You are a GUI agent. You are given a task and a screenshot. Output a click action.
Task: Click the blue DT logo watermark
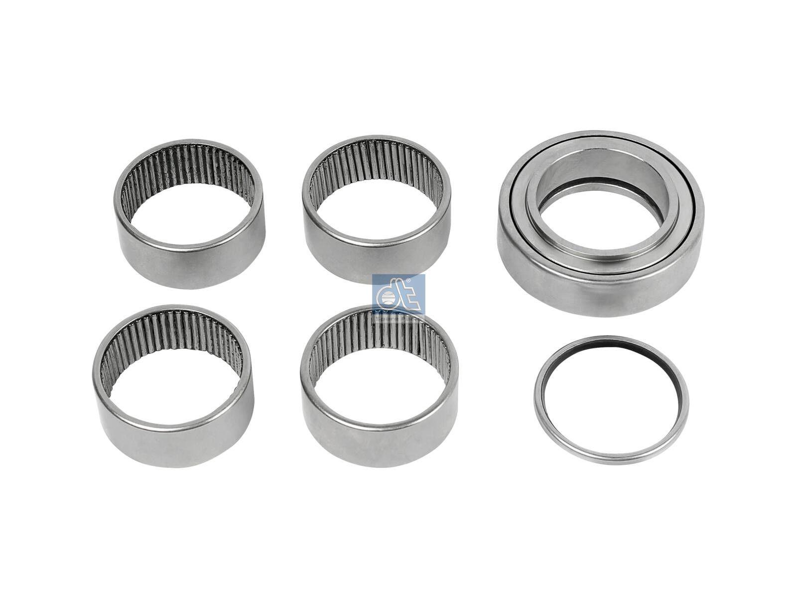click(398, 297)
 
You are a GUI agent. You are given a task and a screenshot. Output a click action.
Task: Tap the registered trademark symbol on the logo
click(409, 283)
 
